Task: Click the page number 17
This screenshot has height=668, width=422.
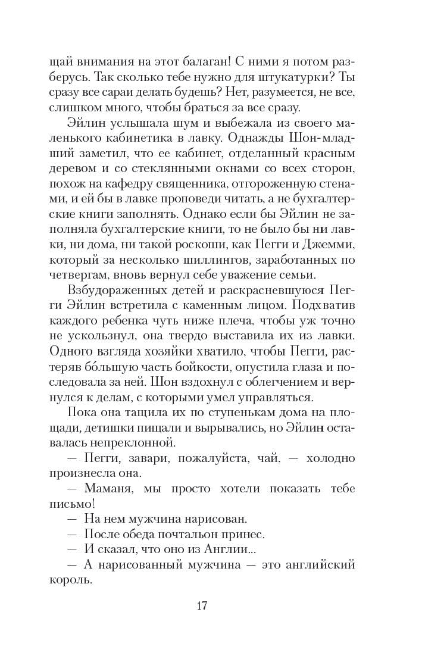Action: tap(211, 607)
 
